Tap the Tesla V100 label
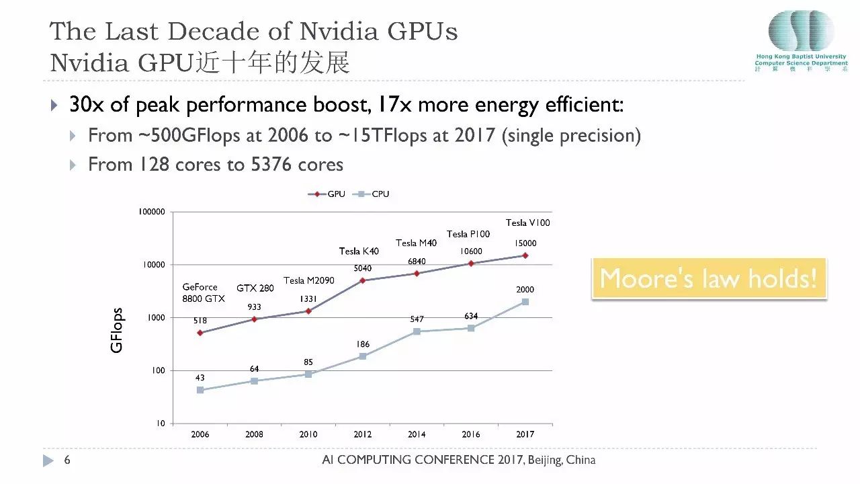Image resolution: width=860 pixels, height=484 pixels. (x=527, y=223)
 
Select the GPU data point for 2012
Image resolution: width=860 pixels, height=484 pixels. (x=363, y=280)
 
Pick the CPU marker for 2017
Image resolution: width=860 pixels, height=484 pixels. (x=525, y=302)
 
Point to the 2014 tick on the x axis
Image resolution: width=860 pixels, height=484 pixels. (x=417, y=434)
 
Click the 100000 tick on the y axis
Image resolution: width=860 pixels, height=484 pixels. (x=151, y=212)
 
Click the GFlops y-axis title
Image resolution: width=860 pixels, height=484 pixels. (x=117, y=330)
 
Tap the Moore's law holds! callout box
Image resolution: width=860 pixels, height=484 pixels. (x=709, y=278)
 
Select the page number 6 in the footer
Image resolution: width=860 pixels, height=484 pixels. (x=67, y=460)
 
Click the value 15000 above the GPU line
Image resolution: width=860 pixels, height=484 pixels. (x=525, y=243)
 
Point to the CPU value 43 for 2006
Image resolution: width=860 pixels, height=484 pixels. (x=200, y=378)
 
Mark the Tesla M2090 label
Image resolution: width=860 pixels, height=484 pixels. (x=308, y=280)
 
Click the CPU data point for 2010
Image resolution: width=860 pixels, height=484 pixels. (x=308, y=374)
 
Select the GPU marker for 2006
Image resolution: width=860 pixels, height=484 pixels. (x=200, y=333)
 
